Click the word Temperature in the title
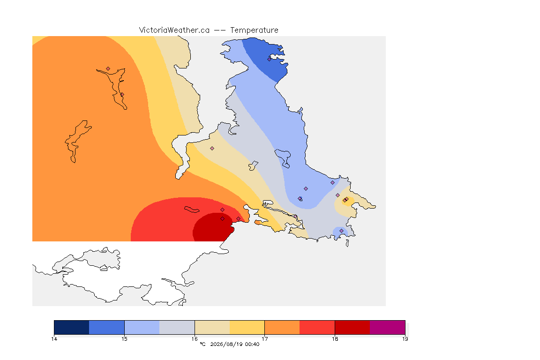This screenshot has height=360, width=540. click(254, 30)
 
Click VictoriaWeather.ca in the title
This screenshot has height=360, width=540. click(174, 30)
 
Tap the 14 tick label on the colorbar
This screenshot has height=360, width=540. click(54, 339)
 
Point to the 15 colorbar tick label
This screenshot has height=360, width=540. click(124, 339)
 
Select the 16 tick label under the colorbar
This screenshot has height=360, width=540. click(195, 339)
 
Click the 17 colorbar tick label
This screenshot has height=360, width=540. click(264, 339)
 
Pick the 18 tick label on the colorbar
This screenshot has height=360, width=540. click(335, 339)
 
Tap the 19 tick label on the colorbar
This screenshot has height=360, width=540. click(405, 339)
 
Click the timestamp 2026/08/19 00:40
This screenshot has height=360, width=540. click(234, 344)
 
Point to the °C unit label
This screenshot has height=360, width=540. click(203, 344)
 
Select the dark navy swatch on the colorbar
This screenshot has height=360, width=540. click(72, 327)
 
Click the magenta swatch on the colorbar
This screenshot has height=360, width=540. click(388, 327)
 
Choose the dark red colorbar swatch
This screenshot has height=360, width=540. click(352, 327)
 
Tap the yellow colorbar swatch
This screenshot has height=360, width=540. click(247, 327)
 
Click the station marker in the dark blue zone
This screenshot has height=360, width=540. click(270, 59)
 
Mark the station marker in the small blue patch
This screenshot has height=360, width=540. click(341, 231)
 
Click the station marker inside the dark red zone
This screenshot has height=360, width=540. click(223, 219)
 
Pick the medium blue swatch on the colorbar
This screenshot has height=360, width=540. click(107, 327)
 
